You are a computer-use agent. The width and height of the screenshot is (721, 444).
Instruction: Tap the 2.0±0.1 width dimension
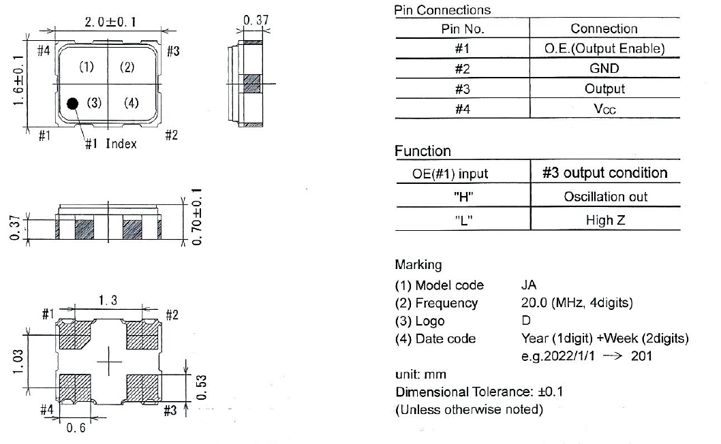click(x=111, y=22)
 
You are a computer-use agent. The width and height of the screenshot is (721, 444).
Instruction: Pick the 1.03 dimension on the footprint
click(x=21, y=362)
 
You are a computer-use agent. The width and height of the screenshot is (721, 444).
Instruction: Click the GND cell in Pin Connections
click(x=604, y=69)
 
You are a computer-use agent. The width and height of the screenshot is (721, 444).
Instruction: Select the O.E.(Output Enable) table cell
click(x=604, y=49)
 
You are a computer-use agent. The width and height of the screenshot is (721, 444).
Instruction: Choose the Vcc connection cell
click(x=604, y=109)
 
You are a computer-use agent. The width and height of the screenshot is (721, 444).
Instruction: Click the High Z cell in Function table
click(x=604, y=221)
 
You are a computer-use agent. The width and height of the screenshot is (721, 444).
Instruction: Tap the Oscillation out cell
click(x=604, y=197)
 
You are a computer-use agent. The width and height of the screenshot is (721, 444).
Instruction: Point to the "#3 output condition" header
click(x=604, y=173)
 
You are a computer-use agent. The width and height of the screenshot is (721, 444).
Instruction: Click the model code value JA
click(x=529, y=285)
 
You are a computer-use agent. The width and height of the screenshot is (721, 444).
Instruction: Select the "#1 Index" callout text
click(x=110, y=144)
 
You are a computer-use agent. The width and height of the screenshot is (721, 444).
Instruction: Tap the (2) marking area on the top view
click(x=127, y=67)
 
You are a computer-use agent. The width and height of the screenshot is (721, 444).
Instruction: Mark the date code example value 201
click(x=641, y=356)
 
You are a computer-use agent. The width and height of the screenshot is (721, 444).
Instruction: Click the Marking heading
click(x=418, y=264)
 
